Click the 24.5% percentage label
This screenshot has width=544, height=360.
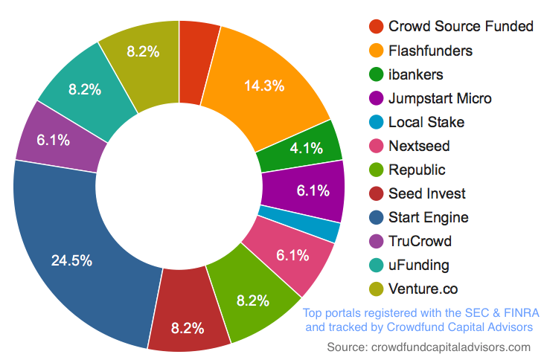pos(71,260)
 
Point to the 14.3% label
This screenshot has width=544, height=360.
pos(264,86)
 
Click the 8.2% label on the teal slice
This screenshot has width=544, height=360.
pos(85,89)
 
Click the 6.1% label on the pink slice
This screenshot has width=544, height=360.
pos(292,256)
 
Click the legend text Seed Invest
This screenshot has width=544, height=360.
pos(426,193)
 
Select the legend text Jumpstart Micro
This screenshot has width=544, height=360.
pos(439,98)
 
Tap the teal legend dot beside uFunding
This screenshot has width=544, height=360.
pos(376,265)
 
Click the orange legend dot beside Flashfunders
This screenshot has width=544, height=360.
pos(376,51)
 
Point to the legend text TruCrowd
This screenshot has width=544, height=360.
pos(420,241)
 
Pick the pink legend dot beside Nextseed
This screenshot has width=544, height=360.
pos(376,146)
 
